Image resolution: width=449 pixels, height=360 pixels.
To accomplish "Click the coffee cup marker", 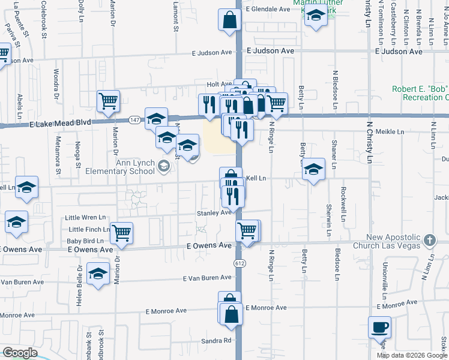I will (379, 328).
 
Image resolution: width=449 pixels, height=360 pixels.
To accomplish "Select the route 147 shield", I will (133, 121).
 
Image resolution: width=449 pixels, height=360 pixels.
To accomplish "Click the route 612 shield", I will (240, 262).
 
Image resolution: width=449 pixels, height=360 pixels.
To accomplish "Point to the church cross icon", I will (429, 241).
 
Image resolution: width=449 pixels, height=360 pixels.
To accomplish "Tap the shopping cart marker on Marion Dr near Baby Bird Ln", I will (121, 232).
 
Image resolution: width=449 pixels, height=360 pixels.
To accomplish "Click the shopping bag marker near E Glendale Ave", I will (229, 20).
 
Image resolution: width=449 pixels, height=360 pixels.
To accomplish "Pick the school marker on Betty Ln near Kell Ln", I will (313, 170).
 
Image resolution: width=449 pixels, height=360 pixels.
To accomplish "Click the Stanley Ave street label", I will (214, 213).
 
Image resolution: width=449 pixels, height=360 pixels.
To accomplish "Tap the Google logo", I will (19, 353).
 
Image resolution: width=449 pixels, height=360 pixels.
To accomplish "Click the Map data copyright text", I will (412, 355).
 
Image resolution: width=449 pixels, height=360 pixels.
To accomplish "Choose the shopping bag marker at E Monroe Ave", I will (231, 314).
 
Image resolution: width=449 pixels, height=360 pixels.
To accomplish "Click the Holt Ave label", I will (219, 85).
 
